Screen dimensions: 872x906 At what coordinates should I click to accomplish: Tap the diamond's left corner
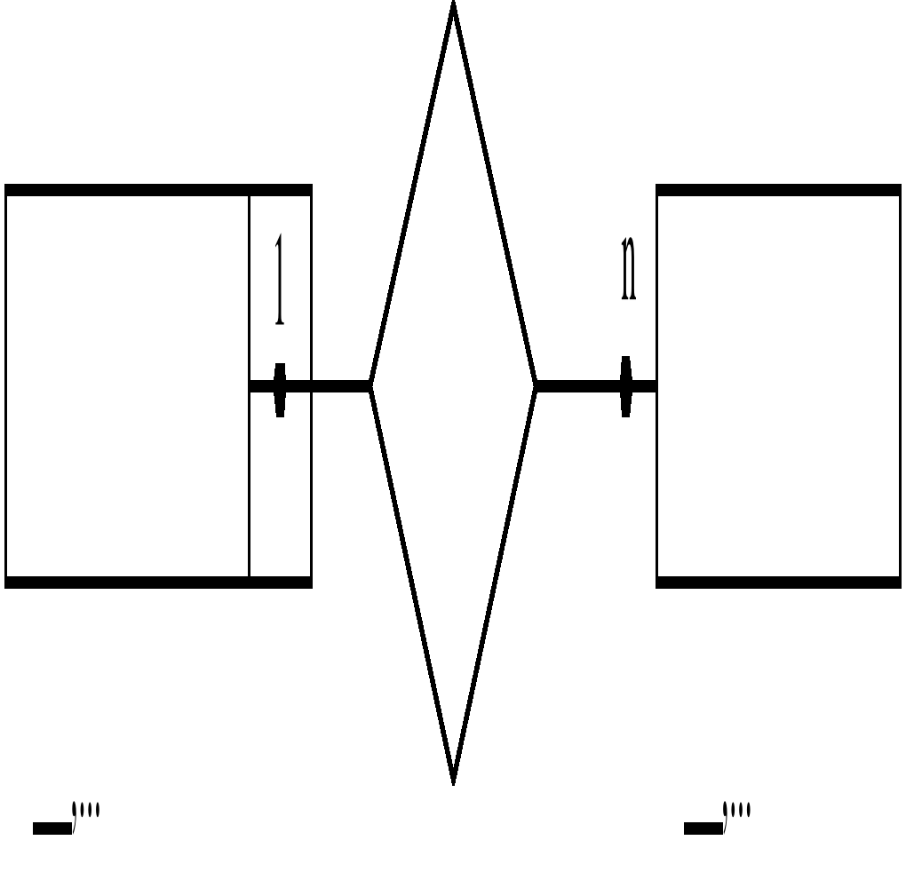tap(372, 385)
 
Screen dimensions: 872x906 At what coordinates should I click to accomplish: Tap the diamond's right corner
tap(535, 385)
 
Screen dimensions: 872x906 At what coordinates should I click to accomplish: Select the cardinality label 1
tap(280, 280)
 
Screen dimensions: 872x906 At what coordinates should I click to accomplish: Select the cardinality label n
tap(628, 268)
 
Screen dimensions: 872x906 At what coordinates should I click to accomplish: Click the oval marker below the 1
tap(280, 389)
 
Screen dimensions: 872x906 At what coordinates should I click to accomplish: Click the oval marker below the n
tap(626, 386)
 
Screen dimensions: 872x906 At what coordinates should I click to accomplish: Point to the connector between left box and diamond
tap(338, 385)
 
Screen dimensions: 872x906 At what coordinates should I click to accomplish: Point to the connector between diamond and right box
tap(577, 385)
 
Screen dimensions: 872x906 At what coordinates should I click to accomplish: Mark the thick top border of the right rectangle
tap(778, 190)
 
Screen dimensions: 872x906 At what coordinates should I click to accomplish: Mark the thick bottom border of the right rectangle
tap(778, 583)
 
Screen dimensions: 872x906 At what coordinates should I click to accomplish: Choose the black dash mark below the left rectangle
tap(52, 828)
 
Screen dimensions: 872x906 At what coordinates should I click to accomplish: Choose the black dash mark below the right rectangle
tap(703, 828)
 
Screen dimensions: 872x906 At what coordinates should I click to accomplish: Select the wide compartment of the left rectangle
tap(127, 386)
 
